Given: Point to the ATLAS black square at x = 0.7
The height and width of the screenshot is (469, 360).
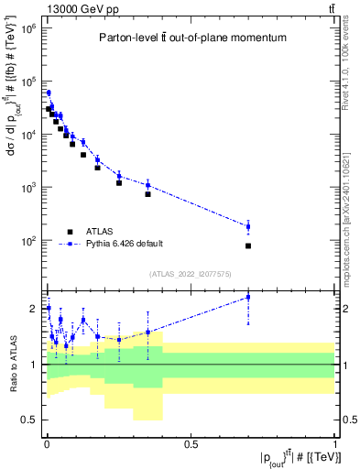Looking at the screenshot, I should pyautogui.click(x=248, y=245).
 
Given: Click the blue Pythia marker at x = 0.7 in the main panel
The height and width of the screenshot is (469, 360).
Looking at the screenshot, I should pyautogui.click(x=248, y=226).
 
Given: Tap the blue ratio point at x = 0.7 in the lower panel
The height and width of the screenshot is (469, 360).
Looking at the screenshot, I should pyautogui.click(x=248, y=297).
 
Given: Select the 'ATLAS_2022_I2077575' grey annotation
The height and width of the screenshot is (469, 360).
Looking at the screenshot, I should pyautogui.click(x=190, y=274).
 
